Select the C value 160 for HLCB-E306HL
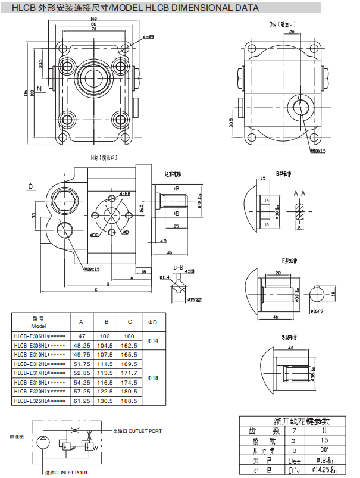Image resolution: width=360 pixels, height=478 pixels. click(130, 336)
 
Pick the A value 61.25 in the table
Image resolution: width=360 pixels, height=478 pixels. click(82, 401)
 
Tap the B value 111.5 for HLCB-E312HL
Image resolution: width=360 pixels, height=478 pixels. click(105, 364)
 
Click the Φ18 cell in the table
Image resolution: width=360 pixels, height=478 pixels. click(152, 377)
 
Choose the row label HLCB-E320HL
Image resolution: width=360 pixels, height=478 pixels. click(39, 392)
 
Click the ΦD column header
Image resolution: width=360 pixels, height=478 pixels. click(152, 322)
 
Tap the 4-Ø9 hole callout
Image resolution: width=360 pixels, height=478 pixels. click(148, 37)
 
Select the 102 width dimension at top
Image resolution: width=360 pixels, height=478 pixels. click(93, 19)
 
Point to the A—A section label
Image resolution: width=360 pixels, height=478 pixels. click(300, 193)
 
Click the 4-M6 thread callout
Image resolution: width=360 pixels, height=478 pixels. click(125, 193)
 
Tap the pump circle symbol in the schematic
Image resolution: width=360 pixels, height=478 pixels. click(42, 441)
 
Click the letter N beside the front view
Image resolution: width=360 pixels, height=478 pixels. click(39, 89)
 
